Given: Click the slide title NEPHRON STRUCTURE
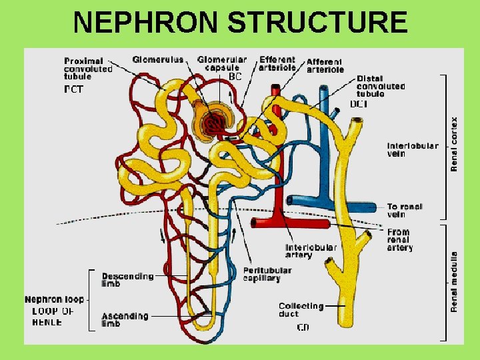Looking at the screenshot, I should point(240,22).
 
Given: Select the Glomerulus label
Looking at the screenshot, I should point(157,60).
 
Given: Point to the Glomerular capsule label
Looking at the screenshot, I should point(221,64).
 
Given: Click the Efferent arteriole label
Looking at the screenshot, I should point(277,64).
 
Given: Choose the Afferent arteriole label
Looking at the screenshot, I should point(325,65).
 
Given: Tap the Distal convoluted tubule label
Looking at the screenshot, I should point(380,87).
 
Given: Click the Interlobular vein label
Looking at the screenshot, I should point(413,149).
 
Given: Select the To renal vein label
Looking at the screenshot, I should point(405,211).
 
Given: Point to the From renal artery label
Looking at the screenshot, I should point(399,240).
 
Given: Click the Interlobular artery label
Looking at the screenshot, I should point(311,251).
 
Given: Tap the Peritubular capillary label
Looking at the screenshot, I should point(267,274).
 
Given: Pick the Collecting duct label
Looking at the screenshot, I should point(301,310).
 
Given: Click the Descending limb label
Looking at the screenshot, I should point(127,279).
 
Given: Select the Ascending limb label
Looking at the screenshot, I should point(125,319).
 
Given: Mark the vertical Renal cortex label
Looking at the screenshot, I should point(455,144).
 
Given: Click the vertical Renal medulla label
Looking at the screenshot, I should point(455,281).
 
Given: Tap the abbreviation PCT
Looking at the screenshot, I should point(73,90).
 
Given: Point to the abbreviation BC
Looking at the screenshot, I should point(235,77).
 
